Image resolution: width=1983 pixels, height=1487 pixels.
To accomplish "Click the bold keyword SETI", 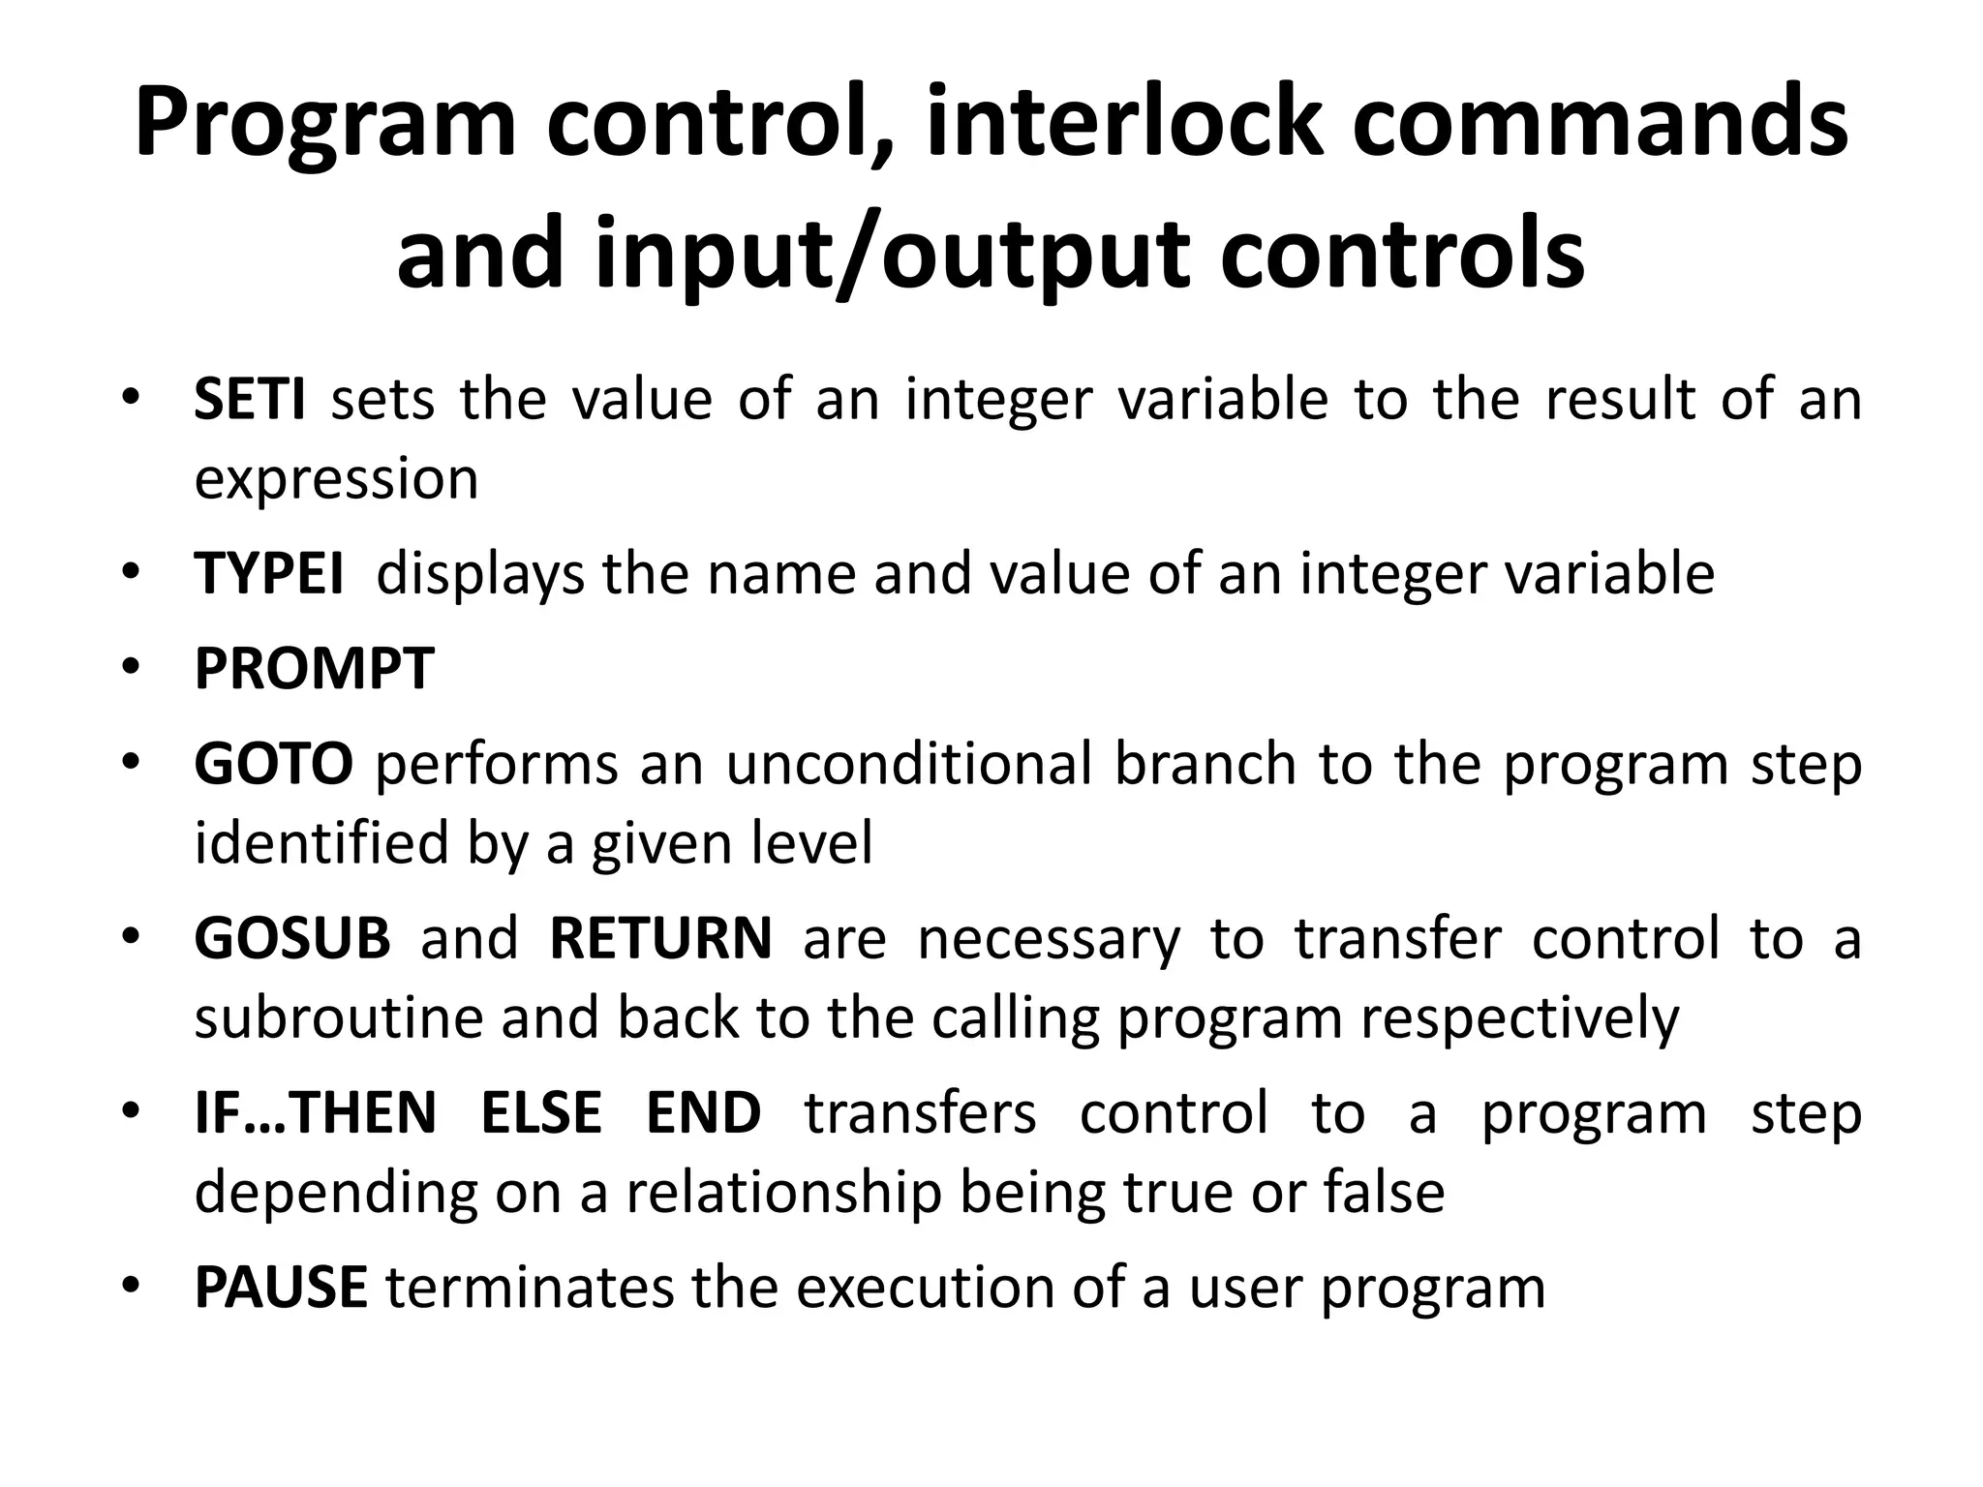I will pyautogui.click(x=250, y=399).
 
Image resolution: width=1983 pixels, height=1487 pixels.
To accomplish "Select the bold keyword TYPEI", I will pyautogui.click(x=268, y=573).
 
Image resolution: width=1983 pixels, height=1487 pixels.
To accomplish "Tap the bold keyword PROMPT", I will pyautogui.click(x=314, y=669).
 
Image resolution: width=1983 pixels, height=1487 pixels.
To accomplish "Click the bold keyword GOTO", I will pyautogui.click(x=273, y=764).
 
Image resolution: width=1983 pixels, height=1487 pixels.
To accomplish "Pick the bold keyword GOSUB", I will pyautogui.click(x=292, y=938).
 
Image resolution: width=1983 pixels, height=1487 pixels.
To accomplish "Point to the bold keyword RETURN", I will pyautogui.click(x=661, y=938).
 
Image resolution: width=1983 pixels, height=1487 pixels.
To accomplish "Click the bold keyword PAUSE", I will pyautogui.click(x=281, y=1288).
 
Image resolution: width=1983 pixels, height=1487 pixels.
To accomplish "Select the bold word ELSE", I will pyautogui.click(x=541, y=1113).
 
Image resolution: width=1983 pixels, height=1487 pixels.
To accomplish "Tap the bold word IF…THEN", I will pyautogui.click(x=316, y=1113).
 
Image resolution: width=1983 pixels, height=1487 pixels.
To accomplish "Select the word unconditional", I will pyautogui.click(x=908, y=764).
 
